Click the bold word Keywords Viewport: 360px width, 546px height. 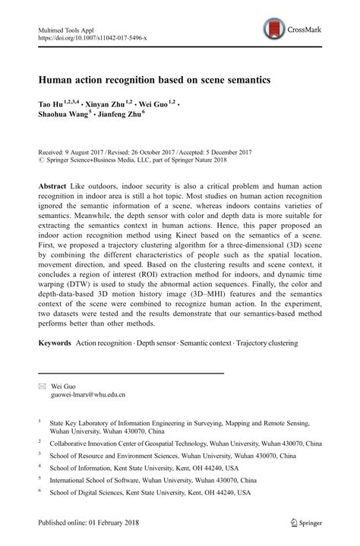point(54,343)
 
